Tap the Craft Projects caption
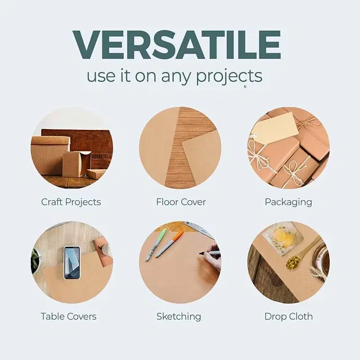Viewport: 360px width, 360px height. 71,201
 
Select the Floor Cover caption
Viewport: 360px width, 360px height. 181,201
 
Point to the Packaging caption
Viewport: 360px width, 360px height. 289,201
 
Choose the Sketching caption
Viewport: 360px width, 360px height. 179,316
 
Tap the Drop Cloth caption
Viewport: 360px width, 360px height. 289,316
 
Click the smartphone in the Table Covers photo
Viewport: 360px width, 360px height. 71,262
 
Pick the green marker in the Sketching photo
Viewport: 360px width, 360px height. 156,245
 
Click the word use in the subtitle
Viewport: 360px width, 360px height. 100,76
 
